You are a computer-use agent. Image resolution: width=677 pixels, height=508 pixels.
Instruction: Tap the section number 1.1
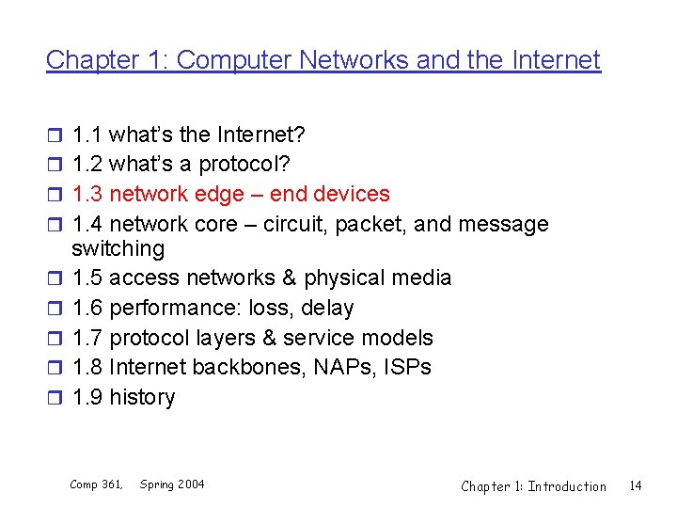(x=87, y=135)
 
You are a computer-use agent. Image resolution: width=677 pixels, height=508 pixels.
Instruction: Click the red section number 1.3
(x=87, y=195)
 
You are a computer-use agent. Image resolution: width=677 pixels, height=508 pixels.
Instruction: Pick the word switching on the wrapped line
(x=118, y=249)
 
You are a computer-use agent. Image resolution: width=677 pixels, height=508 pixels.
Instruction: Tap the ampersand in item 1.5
(x=287, y=278)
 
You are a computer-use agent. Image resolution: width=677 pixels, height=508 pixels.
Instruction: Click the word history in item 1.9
(x=142, y=397)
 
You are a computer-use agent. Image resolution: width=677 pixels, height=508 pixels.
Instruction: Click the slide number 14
(x=635, y=485)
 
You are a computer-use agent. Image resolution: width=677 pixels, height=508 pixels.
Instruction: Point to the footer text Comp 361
(x=96, y=484)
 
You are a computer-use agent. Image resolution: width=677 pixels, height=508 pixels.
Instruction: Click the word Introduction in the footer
(x=567, y=486)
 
